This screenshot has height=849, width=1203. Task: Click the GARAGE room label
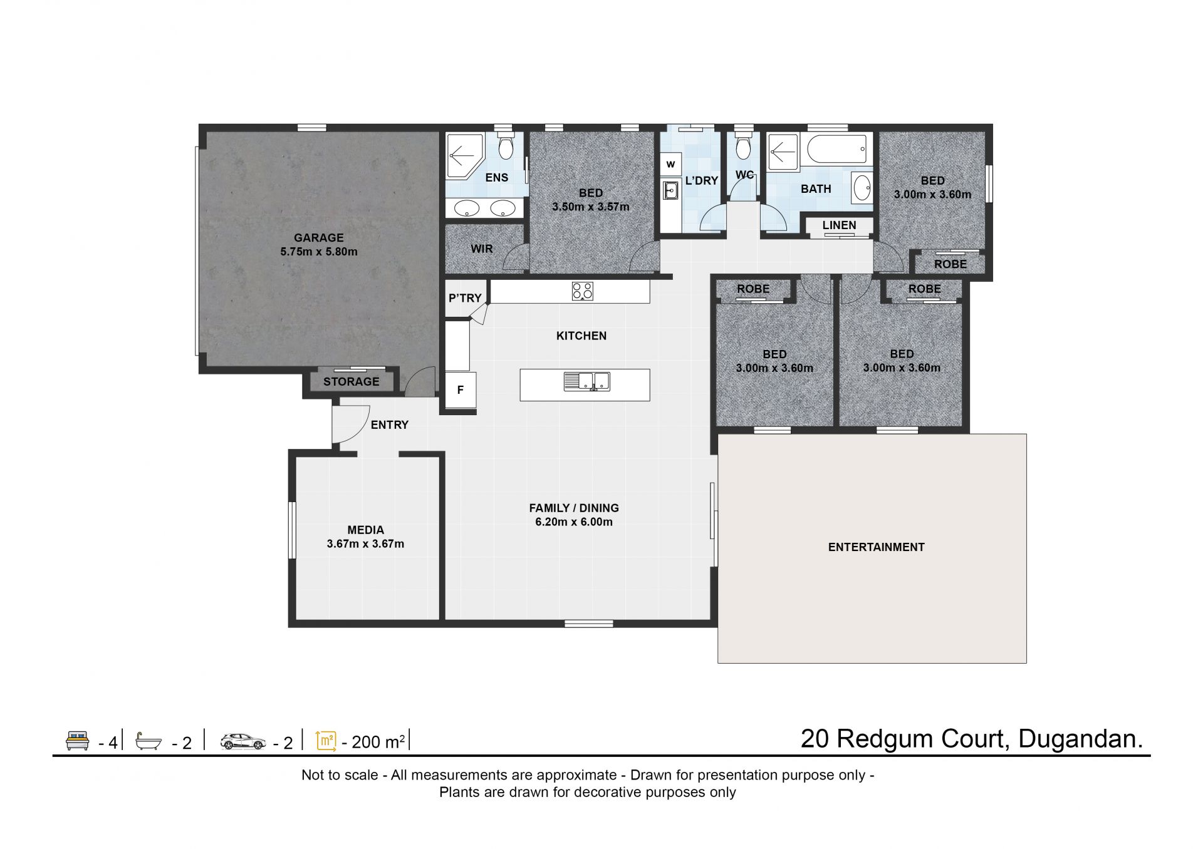pyautogui.click(x=319, y=238)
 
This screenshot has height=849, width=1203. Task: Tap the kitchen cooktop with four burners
pyautogui.click(x=583, y=291)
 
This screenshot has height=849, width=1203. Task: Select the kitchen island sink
pyautogui.click(x=587, y=381)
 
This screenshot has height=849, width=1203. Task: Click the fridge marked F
pyautogui.click(x=461, y=390)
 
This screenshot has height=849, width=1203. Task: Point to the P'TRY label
pyautogui.click(x=465, y=298)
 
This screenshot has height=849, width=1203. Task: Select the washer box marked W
pyautogui.click(x=671, y=165)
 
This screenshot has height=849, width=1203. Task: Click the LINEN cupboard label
pyautogui.click(x=839, y=225)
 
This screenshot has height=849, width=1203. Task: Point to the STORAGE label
pyautogui.click(x=352, y=381)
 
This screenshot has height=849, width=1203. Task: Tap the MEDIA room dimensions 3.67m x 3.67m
pyautogui.click(x=365, y=544)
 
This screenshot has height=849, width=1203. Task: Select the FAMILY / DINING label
pyautogui.click(x=574, y=508)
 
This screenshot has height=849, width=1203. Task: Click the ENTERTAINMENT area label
pyautogui.click(x=877, y=547)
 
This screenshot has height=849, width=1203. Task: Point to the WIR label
pyautogui.click(x=482, y=249)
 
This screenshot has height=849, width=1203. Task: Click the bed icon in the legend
pyautogui.click(x=78, y=741)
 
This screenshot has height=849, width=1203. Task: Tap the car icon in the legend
pyautogui.click(x=243, y=741)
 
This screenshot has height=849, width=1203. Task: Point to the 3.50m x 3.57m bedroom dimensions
pyautogui.click(x=591, y=207)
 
